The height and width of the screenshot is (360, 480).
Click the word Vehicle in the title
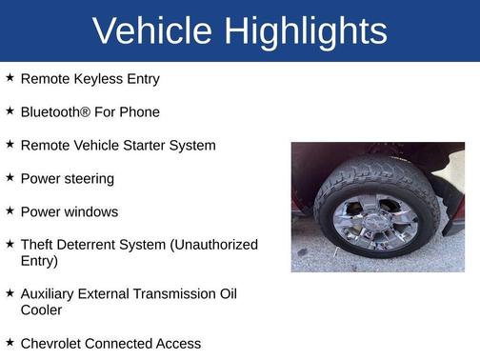click(152, 31)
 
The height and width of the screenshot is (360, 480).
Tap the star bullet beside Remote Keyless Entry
click(10, 78)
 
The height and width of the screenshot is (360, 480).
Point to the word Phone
click(139, 112)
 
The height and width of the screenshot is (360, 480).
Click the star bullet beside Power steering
click(10, 177)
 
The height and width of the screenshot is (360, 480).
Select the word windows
click(90, 211)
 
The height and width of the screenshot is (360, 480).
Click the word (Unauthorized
click(213, 245)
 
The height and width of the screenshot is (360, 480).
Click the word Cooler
click(41, 310)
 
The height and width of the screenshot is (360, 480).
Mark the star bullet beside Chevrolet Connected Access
click(10, 341)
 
